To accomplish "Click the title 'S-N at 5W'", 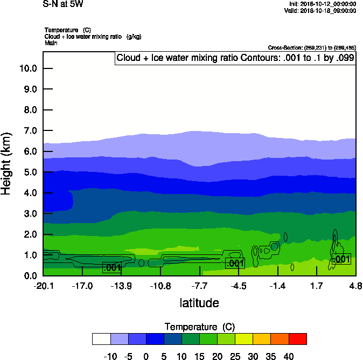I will click(64, 4).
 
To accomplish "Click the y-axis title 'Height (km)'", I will click(7, 163).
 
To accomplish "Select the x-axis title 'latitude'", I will click(199, 303).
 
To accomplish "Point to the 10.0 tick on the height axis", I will click(27, 68).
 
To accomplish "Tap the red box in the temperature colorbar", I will click(298, 339).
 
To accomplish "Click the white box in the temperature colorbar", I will click(101, 339).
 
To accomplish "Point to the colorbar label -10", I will click(110, 356).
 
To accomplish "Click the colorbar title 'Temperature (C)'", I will click(199, 327).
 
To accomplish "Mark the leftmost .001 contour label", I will click(112, 267).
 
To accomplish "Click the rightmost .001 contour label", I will click(342, 259).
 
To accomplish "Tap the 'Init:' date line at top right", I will click(322, 4).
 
